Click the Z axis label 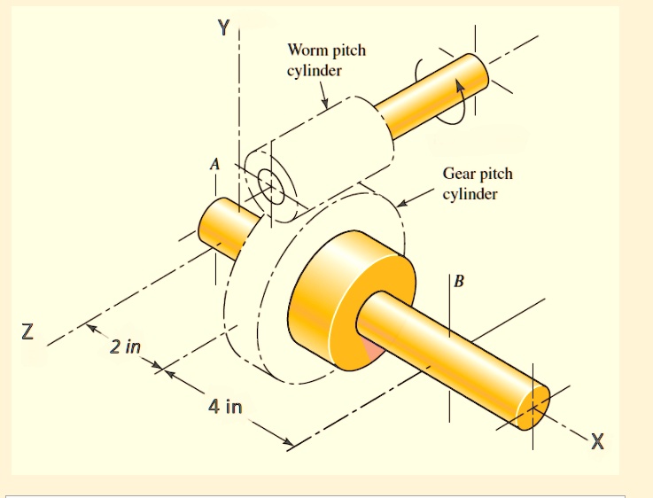(28, 333)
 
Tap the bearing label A (214, 164)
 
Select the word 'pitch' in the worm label (347, 51)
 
